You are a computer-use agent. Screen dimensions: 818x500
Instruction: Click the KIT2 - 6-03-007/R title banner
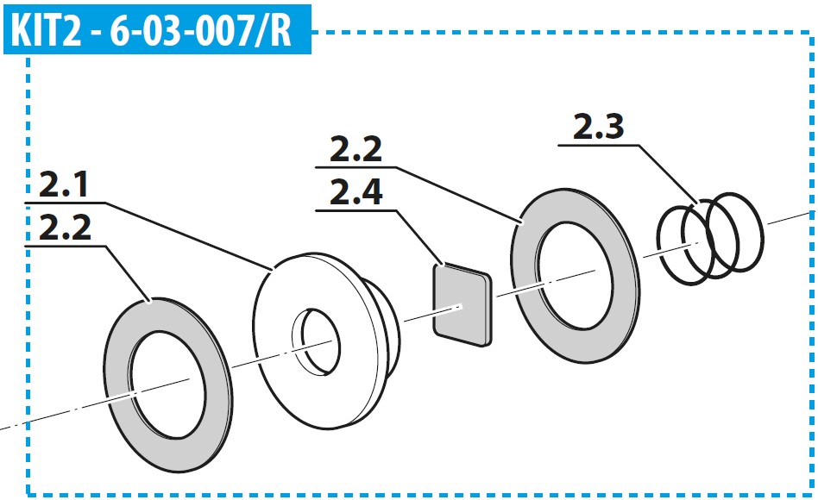coord(157,29)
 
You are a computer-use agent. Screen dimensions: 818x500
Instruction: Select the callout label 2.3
coord(598,127)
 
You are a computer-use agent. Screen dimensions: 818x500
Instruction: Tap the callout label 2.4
coord(356,192)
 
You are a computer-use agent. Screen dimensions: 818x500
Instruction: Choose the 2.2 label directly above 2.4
coord(356,149)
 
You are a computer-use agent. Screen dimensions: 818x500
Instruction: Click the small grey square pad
coord(462,305)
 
